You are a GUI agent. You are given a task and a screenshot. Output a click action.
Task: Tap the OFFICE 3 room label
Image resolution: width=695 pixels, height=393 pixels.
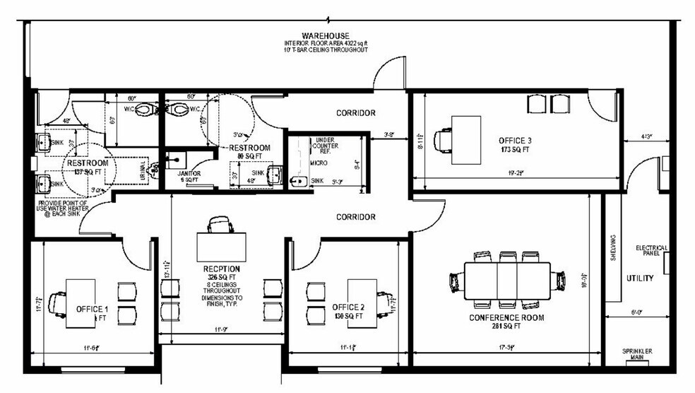[x=514, y=141]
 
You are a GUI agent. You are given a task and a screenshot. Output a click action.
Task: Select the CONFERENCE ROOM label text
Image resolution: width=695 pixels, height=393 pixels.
[x=506, y=317]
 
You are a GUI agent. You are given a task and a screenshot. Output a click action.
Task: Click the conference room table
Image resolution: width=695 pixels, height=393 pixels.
[x=507, y=281]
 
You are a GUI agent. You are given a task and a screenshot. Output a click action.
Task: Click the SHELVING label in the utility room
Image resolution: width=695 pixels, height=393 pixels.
[x=613, y=247]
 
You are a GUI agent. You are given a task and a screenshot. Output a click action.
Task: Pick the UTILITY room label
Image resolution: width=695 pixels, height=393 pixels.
[x=639, y=278]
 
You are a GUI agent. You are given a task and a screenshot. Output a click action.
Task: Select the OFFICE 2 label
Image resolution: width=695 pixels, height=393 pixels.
[x=348, y=307]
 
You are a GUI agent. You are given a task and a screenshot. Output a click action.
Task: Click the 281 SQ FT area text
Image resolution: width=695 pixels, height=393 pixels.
[x=506, y=327]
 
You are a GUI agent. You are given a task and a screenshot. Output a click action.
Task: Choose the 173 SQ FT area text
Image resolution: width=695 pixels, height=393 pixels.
[x=514, y=151]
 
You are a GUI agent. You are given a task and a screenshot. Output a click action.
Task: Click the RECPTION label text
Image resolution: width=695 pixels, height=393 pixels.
[x=220, y=269]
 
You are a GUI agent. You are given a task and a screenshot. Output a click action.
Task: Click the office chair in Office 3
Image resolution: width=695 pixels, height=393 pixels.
[x=444, y=139]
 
